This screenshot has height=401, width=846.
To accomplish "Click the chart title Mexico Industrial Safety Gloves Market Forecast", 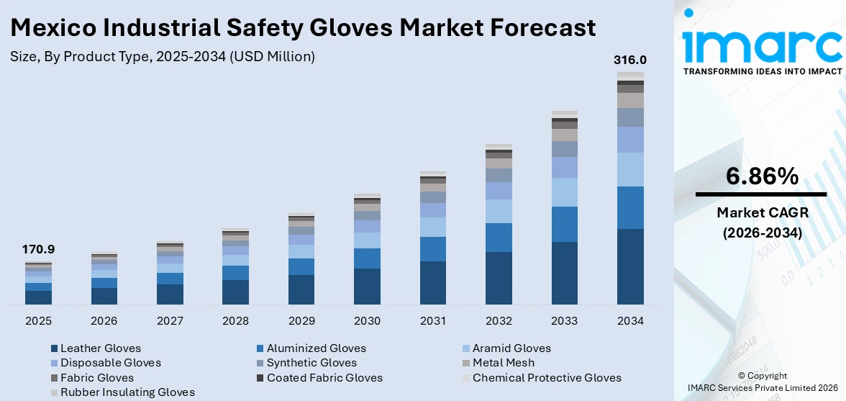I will [x=303, y=27].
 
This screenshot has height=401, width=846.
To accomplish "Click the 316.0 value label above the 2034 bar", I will [x=629, y=60].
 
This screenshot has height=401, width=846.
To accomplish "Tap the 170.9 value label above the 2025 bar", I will [x=38, y=250].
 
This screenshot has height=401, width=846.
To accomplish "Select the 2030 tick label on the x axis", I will [x=367, y=320].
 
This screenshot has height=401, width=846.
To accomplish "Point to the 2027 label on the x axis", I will [x=170, y=320].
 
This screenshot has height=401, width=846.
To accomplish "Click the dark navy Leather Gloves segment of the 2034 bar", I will [x=630, y=266].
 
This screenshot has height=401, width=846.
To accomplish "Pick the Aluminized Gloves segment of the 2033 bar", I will [x=564, y=224].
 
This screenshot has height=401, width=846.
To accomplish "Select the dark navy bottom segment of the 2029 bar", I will [x=301, y=289].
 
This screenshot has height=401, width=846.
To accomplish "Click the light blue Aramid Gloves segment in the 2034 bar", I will [x=630, y=169].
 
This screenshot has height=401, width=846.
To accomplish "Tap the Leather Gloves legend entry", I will [x=100, y=348].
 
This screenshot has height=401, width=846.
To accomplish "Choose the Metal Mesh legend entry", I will [x=503, y=363].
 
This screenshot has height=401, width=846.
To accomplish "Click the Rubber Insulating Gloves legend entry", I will [x=127, y=392].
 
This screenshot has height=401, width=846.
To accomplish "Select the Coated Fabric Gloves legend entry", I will [x=324, y=378].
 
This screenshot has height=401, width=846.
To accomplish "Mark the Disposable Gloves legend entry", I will [x=110, y=363].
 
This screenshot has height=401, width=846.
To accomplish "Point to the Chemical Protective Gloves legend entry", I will [x=546, y=378].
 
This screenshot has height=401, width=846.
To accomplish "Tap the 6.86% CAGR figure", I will [x=762, y=176].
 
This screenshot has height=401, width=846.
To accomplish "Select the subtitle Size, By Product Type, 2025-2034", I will [x=163, y=56].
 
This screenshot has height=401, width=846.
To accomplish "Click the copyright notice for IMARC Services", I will [x=762, y=382].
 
